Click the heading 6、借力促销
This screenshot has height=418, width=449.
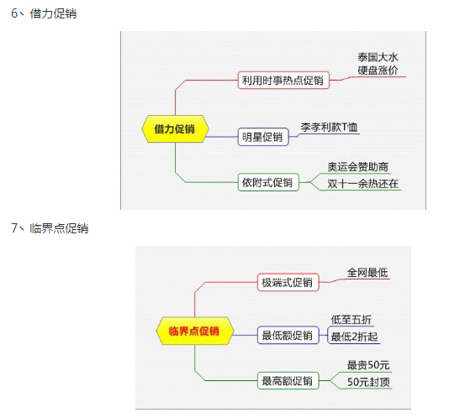(x=44, y=13)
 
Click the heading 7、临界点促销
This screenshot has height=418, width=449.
(x=50, y=228)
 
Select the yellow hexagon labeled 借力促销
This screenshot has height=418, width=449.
(x=175, y=129)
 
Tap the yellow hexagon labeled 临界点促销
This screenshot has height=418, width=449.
(x=194, y=331)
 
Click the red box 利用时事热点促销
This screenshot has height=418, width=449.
(x=283, y=81)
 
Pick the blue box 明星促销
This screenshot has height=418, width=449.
(x=263, y=137)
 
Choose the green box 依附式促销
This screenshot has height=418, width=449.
(x=268, y=182)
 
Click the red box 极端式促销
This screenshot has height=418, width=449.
(x=288, y=283)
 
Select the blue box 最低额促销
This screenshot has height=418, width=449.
(x=288, y=335)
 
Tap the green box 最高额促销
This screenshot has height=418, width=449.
(x=288, y=380)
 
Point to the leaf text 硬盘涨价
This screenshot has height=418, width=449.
(x=378, y=71)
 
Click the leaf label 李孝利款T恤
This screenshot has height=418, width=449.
(x=329, y=128)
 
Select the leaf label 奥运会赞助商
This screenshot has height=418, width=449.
(x=358, y=167)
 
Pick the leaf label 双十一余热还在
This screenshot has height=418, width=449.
(x=362, y=184)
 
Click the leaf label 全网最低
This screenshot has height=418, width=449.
(x=367, y=273)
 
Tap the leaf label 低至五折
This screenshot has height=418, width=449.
(x=351, y=320)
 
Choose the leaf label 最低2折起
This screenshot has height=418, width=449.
(x=355, y=337)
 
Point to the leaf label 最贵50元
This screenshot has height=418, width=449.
(x=368, y=365)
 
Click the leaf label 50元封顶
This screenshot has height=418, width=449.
(x=368, y=382)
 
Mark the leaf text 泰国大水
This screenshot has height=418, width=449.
(x=378, y=57)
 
